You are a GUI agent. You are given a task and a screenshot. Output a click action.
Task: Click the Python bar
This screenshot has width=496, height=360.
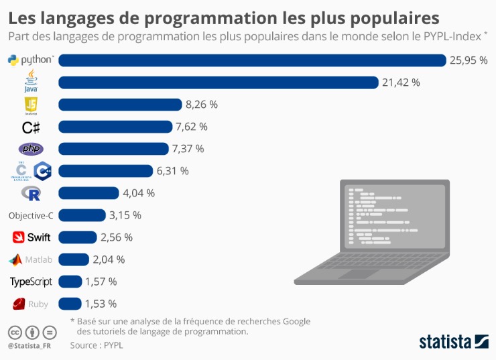pos(252,60)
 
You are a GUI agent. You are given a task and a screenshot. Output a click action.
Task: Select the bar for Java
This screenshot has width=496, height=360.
pos(219,82)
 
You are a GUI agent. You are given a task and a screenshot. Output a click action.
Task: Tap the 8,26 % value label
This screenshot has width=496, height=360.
pos(202,105)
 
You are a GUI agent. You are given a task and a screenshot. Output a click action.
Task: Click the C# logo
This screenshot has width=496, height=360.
pos(31,127)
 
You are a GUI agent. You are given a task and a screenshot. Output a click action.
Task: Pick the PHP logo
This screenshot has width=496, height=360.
pos(31,149)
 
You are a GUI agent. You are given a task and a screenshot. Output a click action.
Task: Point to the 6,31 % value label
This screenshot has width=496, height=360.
pos(173,171)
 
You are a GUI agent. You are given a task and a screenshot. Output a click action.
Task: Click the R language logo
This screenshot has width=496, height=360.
pos(31,193)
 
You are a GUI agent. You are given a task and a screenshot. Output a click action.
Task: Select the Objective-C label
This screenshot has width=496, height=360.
pos(31,215)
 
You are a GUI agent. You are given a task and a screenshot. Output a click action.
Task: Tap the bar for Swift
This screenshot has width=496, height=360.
pos(78,237)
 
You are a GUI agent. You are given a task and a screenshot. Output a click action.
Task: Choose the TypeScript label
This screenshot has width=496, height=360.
pos(31,282)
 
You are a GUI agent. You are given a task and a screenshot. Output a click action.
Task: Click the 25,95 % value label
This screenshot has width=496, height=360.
pos(469,60)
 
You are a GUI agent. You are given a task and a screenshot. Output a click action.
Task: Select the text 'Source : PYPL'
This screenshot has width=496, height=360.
pos(97,345)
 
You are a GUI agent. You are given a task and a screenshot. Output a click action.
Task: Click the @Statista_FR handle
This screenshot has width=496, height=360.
pos(29,346)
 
